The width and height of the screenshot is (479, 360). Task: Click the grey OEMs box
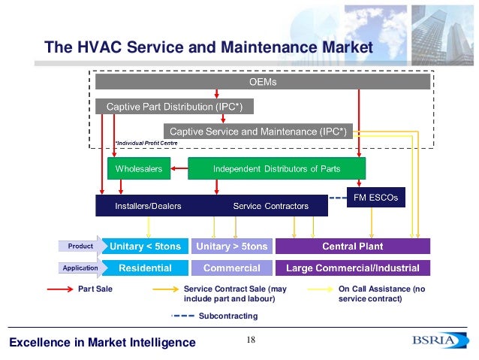[x=263, y=81]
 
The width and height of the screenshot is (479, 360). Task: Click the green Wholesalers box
[x=139, y=169]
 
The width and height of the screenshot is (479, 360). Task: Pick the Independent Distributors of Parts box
[x=276, y=169]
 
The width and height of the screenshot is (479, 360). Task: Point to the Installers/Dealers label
[x=148, y=206]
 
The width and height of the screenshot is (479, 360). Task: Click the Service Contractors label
[x=270, y=206]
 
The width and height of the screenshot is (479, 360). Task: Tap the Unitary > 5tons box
[x=231, y=246]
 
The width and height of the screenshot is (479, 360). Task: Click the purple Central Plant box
[x=353, y=246]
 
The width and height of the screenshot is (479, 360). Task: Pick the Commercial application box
[x=231, y=268]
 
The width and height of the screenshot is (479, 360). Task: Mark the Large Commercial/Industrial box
[x=353, y=268]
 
